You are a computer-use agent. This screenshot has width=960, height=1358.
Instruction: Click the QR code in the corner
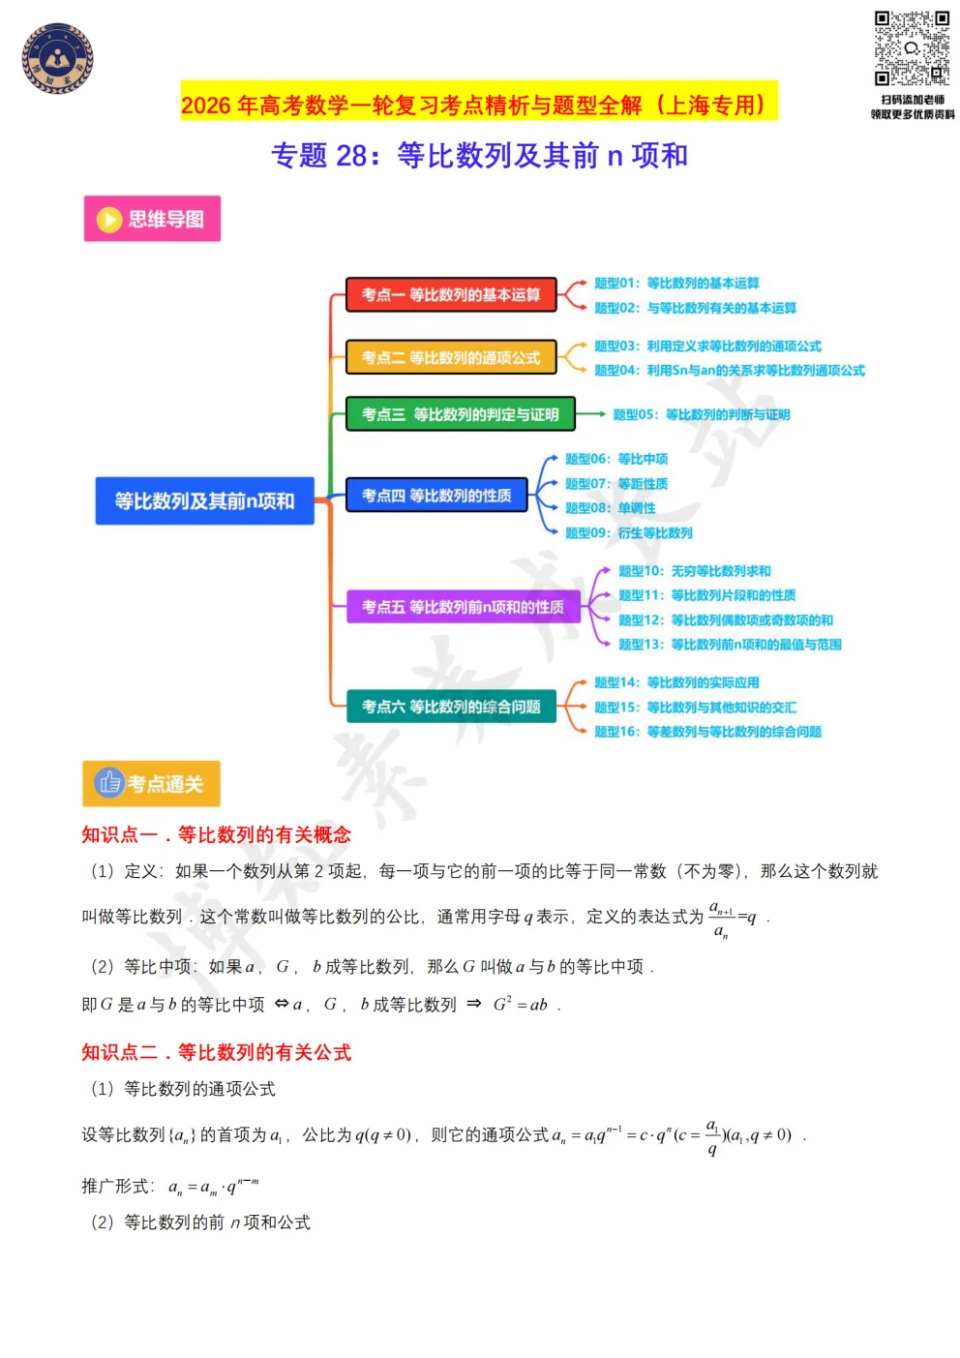911,47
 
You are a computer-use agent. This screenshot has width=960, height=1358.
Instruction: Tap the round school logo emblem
57,58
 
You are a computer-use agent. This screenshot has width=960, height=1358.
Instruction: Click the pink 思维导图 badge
152,218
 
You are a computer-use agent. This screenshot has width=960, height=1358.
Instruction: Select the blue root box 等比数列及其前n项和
205,500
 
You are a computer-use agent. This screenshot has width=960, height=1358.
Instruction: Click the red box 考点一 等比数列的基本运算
451,294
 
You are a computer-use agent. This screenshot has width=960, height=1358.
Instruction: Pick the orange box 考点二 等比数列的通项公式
451,357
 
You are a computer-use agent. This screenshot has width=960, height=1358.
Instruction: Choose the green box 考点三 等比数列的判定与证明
461,414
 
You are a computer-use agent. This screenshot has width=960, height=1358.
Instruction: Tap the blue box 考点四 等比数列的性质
436,496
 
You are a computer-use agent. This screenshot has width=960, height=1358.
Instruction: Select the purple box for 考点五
464,606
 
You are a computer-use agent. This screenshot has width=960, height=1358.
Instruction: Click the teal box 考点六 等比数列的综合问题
452,707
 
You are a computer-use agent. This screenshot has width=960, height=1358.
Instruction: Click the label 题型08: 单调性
611,508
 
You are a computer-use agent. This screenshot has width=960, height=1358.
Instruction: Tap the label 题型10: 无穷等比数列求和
695,571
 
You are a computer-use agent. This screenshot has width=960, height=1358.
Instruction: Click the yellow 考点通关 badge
152,783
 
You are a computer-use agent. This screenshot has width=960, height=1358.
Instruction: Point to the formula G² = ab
520,1004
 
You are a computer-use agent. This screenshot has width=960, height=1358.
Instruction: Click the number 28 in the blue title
351,156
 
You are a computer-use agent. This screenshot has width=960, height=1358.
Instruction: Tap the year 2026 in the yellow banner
206,106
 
